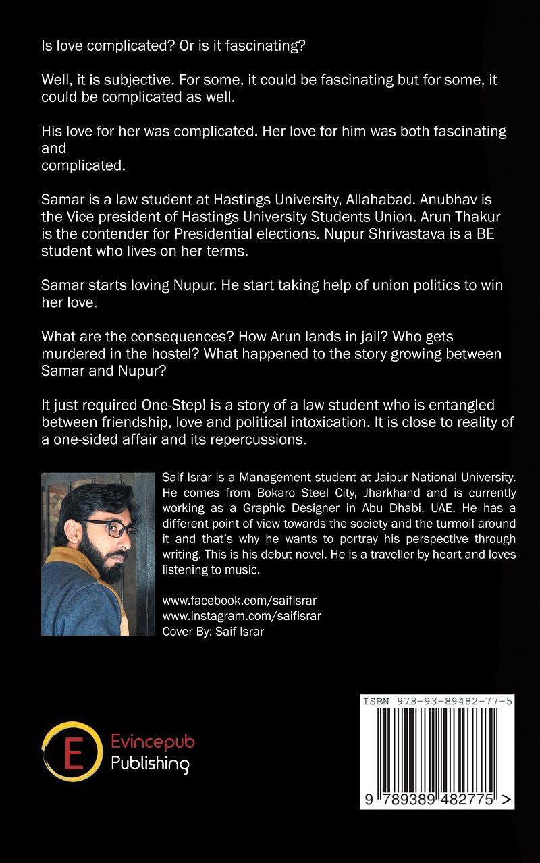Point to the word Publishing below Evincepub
pos(150,764)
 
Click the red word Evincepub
pos(153,742)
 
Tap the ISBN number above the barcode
pos(437,702)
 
